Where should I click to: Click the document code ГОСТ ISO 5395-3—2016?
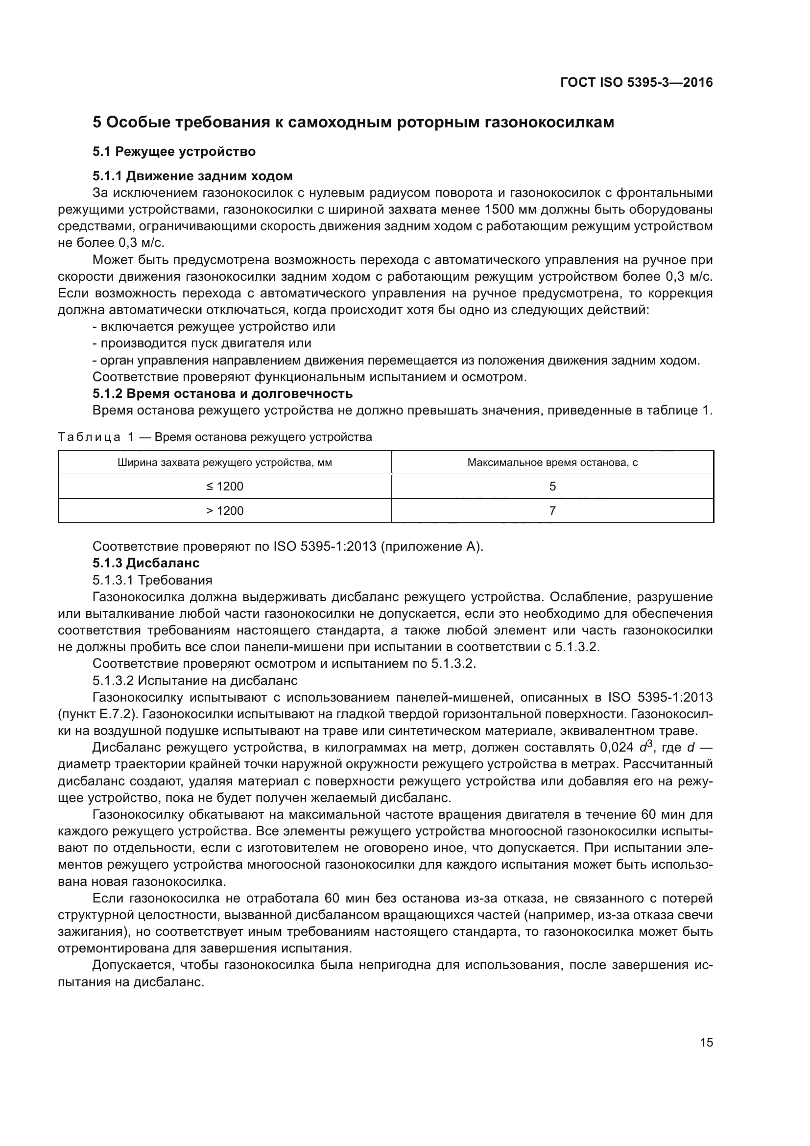point(637,82)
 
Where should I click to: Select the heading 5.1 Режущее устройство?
point(174,151)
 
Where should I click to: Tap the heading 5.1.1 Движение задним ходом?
point(192,176)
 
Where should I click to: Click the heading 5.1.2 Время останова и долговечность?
point(222,393)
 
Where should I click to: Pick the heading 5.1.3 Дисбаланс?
point(146,563)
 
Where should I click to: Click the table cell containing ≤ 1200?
point(224,486)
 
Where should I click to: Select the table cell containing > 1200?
point(224,511)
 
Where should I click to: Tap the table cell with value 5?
point(552,486)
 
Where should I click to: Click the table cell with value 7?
point(552,511)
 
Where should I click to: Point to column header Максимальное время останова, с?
point(552,462)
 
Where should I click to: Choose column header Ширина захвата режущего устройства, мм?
point(224,462)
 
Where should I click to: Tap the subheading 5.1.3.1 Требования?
point(153,580)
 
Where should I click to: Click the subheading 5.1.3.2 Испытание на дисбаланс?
point(195,681)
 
